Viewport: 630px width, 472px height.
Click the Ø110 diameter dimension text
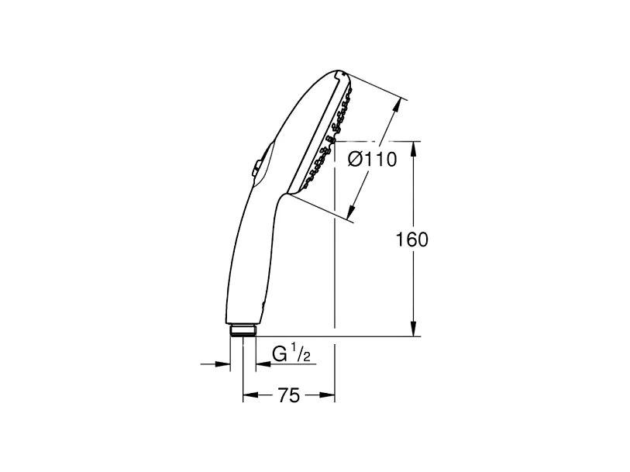click(373, 160)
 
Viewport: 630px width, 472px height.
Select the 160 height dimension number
click(412, 240)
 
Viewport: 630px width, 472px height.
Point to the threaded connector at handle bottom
click(243, 331)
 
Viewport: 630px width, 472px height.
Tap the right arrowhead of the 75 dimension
click(329, 396)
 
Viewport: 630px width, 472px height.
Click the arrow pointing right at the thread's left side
click(225, 363)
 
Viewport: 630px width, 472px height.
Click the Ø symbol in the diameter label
click(356, 160)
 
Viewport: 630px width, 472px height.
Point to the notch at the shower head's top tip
click(339, 75)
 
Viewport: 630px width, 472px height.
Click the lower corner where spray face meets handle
click(293, 193)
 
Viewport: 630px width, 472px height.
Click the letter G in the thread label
click(279, 355)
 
